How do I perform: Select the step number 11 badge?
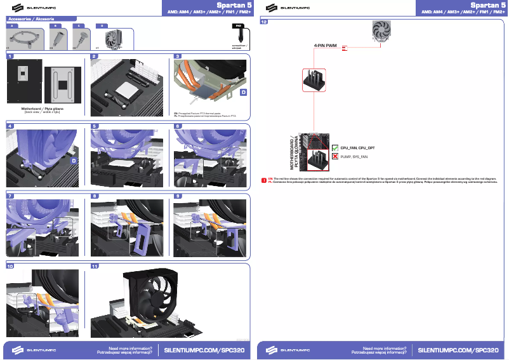click(95, 266)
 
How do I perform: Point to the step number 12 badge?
click(264, 22)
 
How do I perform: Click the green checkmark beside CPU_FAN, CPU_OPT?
click(335, 147)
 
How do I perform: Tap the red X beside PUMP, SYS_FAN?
click(335, 156)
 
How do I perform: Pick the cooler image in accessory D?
click(116, 39)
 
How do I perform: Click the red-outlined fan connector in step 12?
click(314, 81)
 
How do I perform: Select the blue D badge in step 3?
click(243, 93)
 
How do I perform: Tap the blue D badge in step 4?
click(74, 161)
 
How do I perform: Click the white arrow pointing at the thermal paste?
click(194, 98)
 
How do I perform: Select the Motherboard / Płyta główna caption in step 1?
click(43, 109)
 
